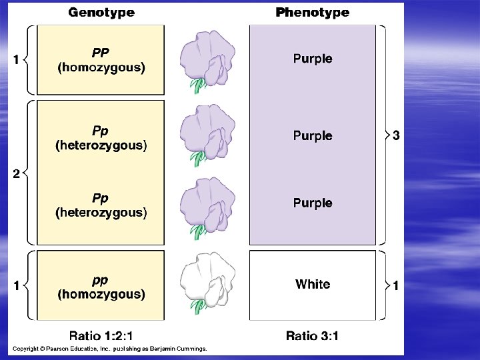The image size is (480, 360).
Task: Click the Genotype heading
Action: tap(101, 12)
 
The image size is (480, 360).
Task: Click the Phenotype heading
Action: tap(312, 12)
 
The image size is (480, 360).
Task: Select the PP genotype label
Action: tap(101, 52)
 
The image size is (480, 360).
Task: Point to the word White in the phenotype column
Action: tap(313, 284)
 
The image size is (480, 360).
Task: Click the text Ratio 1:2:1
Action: tap(101, 335)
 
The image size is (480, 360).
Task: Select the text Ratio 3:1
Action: tap(312, 335)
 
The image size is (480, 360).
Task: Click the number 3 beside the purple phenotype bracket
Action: tap(396, 136)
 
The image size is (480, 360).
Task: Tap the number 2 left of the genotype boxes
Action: tap(15, 174)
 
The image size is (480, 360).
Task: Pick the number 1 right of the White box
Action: tap(396, 286)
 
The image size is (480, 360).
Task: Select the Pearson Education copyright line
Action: tap(110, 349)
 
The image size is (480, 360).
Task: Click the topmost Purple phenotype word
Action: tap(313, 59)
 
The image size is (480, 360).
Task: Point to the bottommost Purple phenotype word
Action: tap(313, 203)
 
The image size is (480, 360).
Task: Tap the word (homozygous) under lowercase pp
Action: tap(101, 294)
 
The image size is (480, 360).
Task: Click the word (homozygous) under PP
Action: tap(101, 67)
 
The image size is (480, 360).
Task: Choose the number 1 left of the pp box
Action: tap(15, 286)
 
